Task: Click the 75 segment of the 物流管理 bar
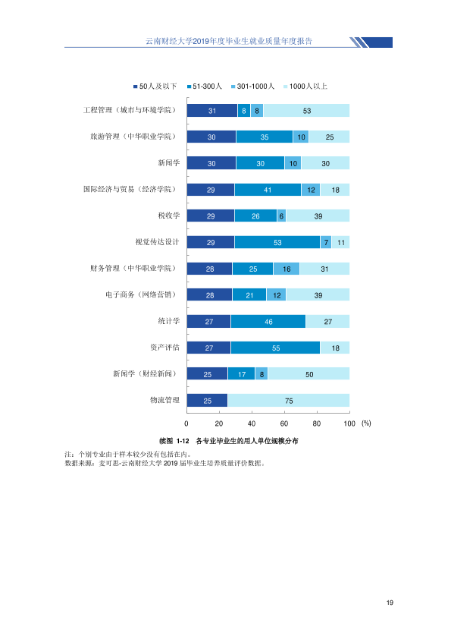pyautogui.click(x=289, y=400)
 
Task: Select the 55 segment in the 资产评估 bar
pyautogui.click(x=276, y=348)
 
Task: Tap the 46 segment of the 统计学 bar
pyautogui.click(x=268, y=321)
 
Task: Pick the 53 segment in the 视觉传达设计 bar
pyautogui.click(x=277, y=242)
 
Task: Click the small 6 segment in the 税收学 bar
pyautogui.click(x=281, y=216)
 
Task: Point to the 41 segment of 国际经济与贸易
pyautogui.click(x=268, y=190)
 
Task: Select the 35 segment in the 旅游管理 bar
pyautogui.click(x=265, y=137)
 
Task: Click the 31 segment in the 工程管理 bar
pyautogui.click(x=212, y=111)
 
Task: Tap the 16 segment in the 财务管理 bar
pyautogui.click(x=287, y=269)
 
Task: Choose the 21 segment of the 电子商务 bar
pyautogui.click(x=249, y=294)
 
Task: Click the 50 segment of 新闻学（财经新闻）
pyautogui.click(x=309, y=373)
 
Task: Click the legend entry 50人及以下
pyautogui.click(x=155, y=87)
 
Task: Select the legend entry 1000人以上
pyautogui.click(x=305, y=87)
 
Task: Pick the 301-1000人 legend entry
pyautogui.click(x=252, y=87)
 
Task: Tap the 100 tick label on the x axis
pyautogui.click(x=349, y=423)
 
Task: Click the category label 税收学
pyautogui.click(x=168, y=216)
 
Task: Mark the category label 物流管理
pyautogui.click(x=164, y=400)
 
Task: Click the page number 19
pyautogui.click(x=390, y=603)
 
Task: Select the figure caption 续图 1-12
pyautogui.click(x=174, y=441)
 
